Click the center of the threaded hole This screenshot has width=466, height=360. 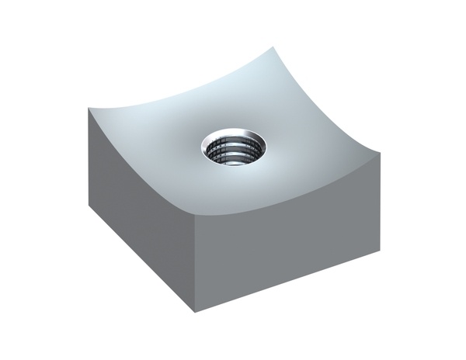pyautogui.click(x=233, y=149)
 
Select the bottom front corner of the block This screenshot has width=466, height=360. pyautogui.click(x=194, y=313)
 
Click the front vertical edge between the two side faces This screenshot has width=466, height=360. pyautogui.click(x=194, y=264)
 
